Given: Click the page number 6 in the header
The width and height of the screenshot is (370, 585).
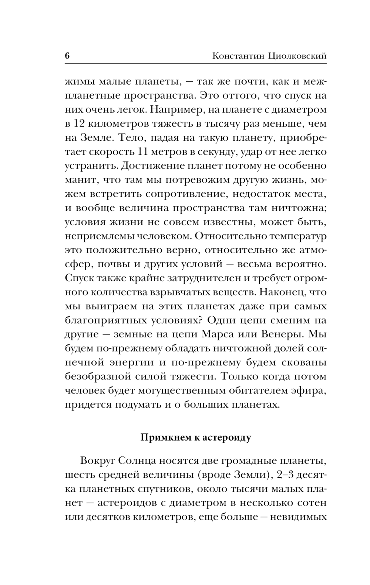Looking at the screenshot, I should pos(67,56).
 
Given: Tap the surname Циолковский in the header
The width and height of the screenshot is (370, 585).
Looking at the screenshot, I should pos(297,56).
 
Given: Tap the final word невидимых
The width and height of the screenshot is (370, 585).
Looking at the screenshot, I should pos(299,518).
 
